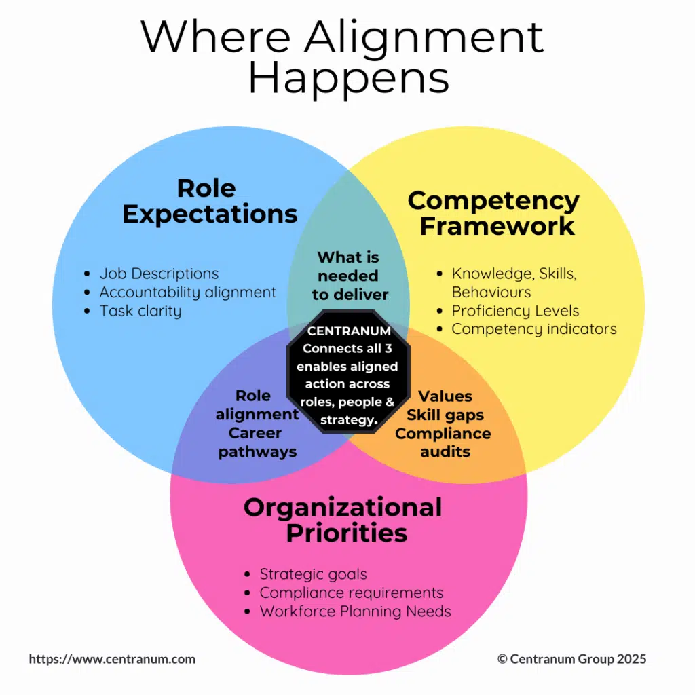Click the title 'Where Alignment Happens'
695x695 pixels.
343,57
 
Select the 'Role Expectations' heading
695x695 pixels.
210,201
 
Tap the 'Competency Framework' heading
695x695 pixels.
493,213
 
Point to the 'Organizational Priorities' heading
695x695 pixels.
343,520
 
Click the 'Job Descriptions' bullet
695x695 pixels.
159,274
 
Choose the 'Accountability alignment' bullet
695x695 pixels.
187,293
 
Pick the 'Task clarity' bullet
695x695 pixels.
140,311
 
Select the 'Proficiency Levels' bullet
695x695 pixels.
515,311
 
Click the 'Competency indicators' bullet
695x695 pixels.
533,329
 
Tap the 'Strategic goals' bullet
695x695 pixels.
313,574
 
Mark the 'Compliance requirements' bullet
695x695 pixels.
351,593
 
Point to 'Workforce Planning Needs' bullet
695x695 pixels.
355,611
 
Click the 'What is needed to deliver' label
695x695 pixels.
349,276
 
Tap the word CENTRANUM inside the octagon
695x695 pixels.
349,331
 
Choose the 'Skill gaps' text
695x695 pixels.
445,415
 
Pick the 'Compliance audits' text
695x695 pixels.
444,442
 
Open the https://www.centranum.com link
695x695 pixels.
112,659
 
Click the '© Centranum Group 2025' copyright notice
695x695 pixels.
571,659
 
